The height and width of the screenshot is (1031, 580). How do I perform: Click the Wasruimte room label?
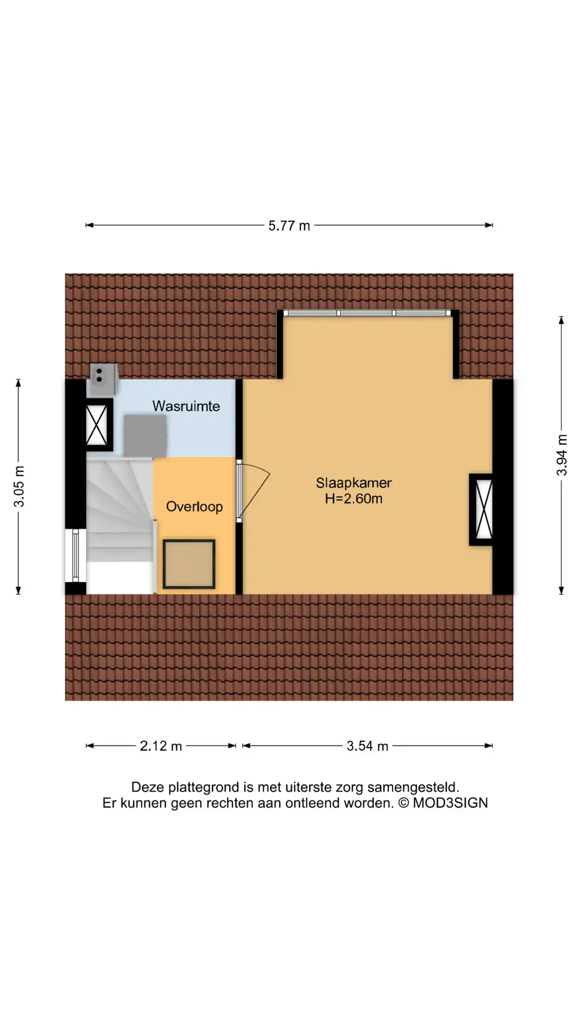tap(186, 406)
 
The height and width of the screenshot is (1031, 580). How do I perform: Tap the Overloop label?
tap(194, 507)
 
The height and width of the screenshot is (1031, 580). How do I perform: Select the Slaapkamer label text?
tap(353, 483)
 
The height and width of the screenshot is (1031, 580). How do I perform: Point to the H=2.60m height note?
tap(353, 499)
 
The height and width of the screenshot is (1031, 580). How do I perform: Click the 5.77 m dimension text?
tap(289, 226)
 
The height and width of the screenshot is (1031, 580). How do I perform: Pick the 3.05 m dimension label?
tap(19, 487)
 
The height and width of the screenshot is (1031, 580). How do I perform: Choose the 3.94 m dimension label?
tap(562, 455)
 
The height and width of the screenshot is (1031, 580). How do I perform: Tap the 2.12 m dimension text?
tap(161, 746)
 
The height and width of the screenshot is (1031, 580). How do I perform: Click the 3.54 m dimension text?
tap(367, 746)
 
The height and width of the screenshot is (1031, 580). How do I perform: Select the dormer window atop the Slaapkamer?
tap(367, 313)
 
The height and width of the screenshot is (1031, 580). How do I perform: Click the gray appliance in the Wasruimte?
tap(145, 435)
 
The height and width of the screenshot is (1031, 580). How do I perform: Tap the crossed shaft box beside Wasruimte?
tap(97, 425)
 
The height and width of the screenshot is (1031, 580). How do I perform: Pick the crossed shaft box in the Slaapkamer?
tap(482, 510)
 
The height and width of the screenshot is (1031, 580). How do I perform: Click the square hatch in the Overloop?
tap(189, 564)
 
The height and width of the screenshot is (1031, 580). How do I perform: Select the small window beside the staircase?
tap(75, 555)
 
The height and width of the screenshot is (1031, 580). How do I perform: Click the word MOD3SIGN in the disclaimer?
tap(450, 803)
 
